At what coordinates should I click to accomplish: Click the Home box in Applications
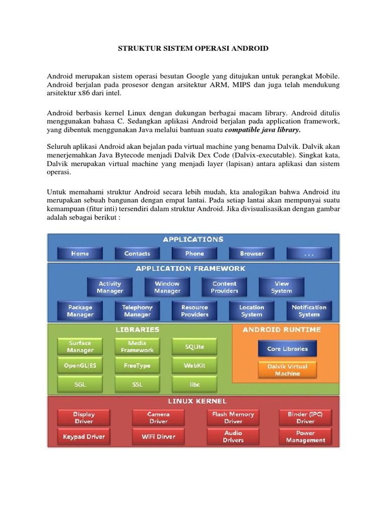(80, 253)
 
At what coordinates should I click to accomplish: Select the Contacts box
(137, 253)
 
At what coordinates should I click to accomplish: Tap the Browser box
(251, 253)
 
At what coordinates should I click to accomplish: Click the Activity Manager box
(110, 287)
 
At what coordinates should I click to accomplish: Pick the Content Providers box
(224, 287)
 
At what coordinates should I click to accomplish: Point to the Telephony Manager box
(137, 311)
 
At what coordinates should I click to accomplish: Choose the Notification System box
(309, 311)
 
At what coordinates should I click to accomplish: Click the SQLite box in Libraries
(195, 347)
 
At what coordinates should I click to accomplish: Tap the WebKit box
(195, 366)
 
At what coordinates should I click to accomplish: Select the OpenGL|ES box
(80, 366)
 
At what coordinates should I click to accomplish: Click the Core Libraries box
(287, 349)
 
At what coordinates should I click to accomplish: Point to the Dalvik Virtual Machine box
(287, 370)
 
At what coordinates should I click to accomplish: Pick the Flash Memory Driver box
(233, 417)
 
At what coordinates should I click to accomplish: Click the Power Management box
(305, 437)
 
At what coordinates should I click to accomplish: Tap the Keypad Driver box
(84, 437)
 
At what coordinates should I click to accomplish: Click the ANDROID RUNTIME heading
(282, 330)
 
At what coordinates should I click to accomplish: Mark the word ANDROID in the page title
(247, 48)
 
